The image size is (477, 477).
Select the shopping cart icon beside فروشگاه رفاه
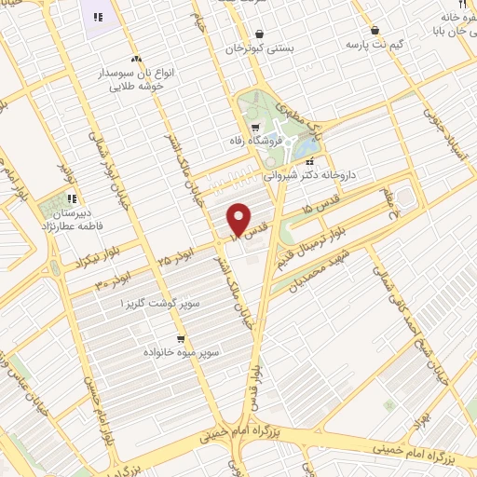[254, 127]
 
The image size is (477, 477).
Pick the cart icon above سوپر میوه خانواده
[180, 339]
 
